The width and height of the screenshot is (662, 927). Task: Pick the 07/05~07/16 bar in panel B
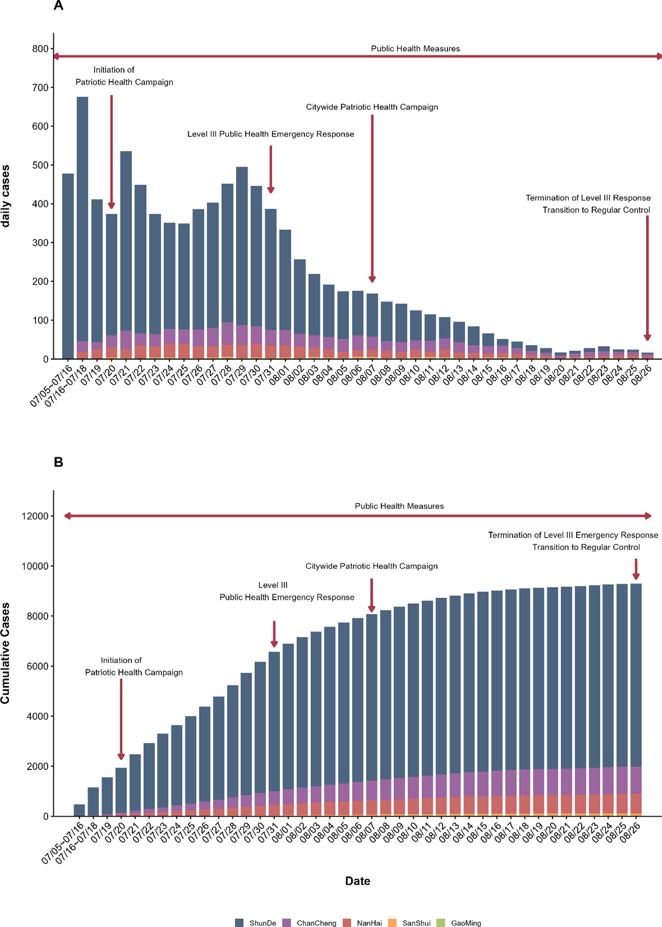[79, 810]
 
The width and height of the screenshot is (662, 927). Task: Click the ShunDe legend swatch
[239, 922]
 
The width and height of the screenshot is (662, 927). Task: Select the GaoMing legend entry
[466, 923]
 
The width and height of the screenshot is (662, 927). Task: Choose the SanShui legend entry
[416, 923]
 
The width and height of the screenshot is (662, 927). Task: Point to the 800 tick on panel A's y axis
[40, 49]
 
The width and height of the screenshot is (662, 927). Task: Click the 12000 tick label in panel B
[35, 516]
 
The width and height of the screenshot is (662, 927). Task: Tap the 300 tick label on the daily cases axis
[40, 243]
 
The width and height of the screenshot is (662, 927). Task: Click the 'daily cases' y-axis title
[5, 196]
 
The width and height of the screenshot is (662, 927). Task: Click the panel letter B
[59, 462]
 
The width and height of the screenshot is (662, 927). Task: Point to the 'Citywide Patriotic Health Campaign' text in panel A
[372, 107]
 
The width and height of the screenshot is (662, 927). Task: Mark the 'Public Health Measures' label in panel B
[399, 506]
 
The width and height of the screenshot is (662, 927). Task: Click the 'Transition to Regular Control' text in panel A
[596, 210]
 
